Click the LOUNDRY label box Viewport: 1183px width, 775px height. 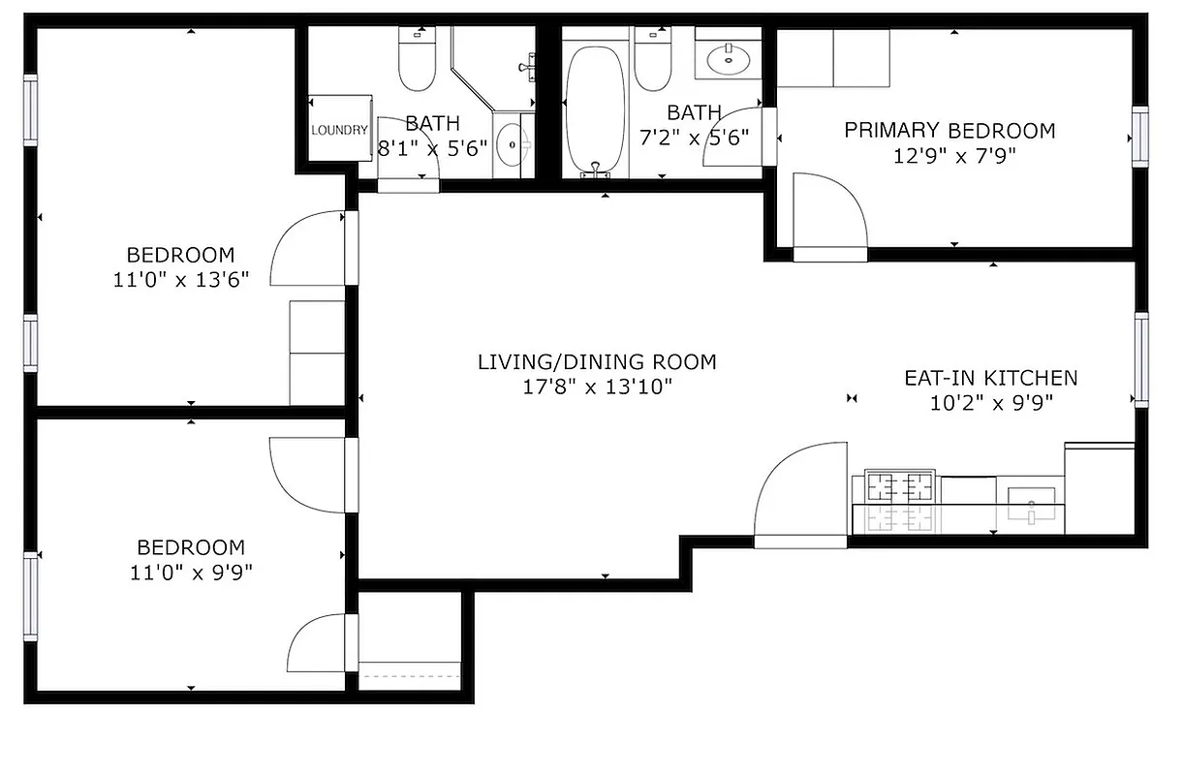(x=340, y=129)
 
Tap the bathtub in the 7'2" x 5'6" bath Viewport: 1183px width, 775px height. (x=595, y=108)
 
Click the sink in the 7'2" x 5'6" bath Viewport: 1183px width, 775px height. (x=726, y=61)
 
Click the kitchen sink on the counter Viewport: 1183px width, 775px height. (x=1031, y=503)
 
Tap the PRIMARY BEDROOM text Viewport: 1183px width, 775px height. (x=950, y=131)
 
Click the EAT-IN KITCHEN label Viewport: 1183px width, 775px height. (x=990, y=378)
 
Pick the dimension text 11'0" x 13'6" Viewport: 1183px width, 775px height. (x=181, y=280)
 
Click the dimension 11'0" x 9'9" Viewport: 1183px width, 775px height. (x=191, y=572)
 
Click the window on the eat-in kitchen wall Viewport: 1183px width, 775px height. (x=1141, y=358)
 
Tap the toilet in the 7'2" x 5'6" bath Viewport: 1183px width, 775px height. (x=652, y=60)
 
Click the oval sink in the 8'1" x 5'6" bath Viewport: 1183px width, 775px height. (x=511, y=146)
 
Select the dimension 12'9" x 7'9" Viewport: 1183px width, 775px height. (x=949, y=155)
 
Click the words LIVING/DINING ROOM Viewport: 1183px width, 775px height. (x=597, y=362)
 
